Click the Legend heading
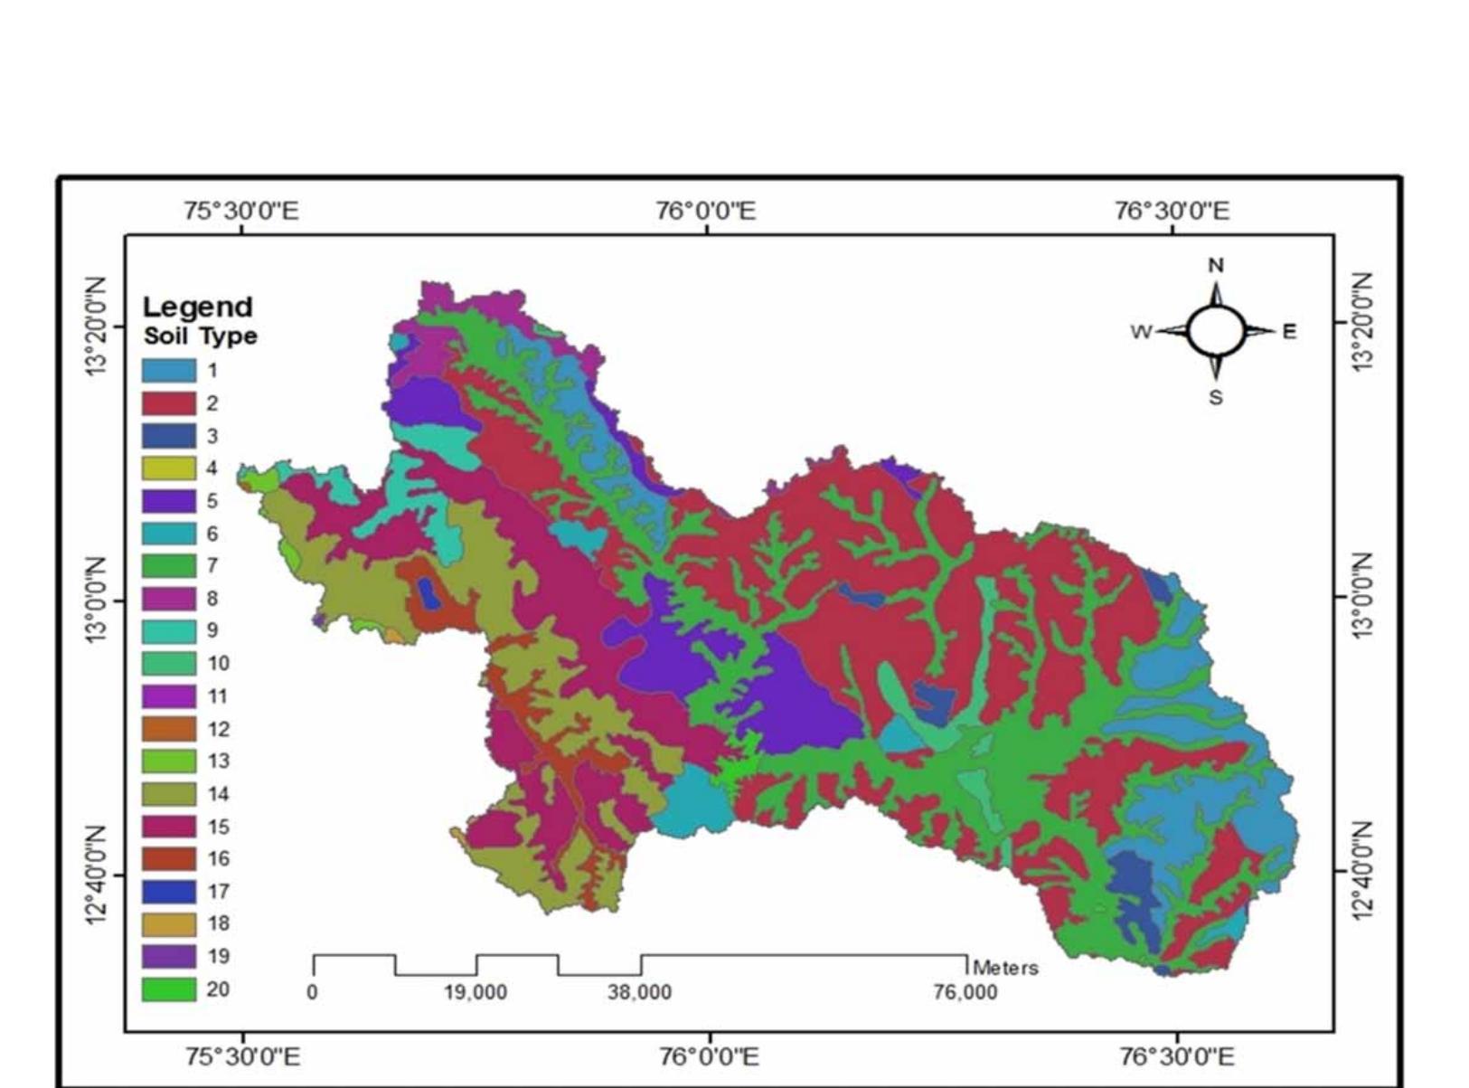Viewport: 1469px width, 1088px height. pyautogui.click(x=197, y=307)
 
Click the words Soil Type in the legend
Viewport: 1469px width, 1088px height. pyautogui.click(x=200, y=336)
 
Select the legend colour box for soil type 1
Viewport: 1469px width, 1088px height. pyautogui.click(x=168, y=370)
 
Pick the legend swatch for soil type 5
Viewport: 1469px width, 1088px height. pyautogui.click(x=168, y=501)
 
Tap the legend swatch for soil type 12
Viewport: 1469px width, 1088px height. pyautogui.click(x=168, y=729)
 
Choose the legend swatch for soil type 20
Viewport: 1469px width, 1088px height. pyautogui.click(x=168, y=989)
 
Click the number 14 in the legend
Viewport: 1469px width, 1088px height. pyautogui.click(x=218, y=794)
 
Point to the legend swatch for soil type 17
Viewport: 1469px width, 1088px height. pyautogui.click(x=168, y=892)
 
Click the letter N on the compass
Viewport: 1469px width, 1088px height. pyautogui.click(x=1216, y=265)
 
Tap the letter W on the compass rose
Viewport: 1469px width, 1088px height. pyautogui.click(x=1141, y=332)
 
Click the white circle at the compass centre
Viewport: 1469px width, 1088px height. pyautogui.click(x=1216, y=331)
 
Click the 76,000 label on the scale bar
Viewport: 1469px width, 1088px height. pyautogui.click(x=965, y=993)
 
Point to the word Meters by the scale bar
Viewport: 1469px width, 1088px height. pyautogui.click(x=1005, y=968)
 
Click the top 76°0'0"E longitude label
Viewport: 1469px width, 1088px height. pyautogui.click(x=705, y=212)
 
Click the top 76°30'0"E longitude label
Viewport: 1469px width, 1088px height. pyautogui.click(x=1172, y=212)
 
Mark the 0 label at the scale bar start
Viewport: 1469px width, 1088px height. pyautogui.click(x=312, y=993)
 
